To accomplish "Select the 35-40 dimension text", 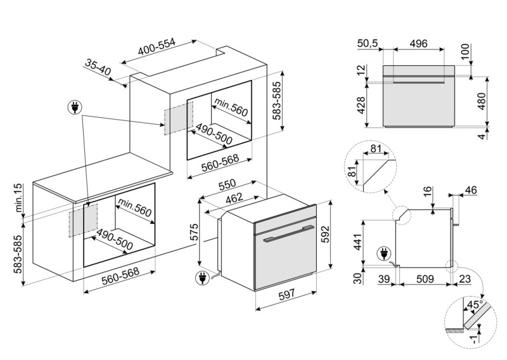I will pos(97,68).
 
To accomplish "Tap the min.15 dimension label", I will pos(18,198).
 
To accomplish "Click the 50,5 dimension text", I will pos(369,44).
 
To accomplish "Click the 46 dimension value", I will pos(471,190).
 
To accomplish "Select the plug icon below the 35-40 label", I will pos(76,108).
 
